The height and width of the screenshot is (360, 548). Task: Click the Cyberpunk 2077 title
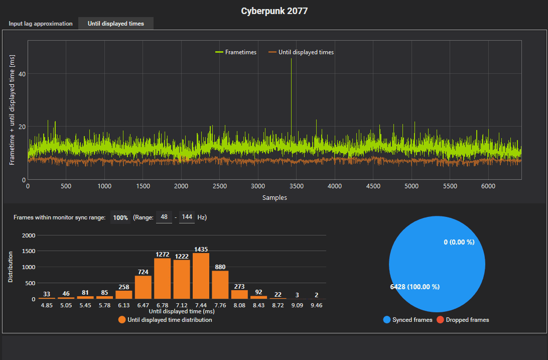pos(274,11)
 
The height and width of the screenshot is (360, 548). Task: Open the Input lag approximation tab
pos(41,24)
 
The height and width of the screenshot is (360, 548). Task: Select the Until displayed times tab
pos(115,24)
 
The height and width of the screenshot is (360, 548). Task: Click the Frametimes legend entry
pos(236,52)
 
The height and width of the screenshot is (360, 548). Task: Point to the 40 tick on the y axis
pos(22,73)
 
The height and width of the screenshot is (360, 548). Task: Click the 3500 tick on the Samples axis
pos(296,186)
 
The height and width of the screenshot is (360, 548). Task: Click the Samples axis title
pos(275,197)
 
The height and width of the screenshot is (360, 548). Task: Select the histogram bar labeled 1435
pos(201,276)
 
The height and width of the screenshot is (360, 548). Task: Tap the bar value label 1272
pos(163,255)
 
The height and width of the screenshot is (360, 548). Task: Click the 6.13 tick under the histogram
pos(124,305)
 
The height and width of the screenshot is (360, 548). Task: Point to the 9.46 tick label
pos(316,305)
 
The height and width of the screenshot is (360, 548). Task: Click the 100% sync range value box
pos(120,217)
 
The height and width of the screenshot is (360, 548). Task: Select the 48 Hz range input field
pos(164,217)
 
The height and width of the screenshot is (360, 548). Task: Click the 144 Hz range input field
pos(187,217)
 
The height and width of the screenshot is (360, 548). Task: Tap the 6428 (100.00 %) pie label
pos(415,287)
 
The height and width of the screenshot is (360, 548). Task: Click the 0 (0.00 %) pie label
pos(459,242)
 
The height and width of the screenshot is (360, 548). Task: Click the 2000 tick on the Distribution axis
pos(29,235)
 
